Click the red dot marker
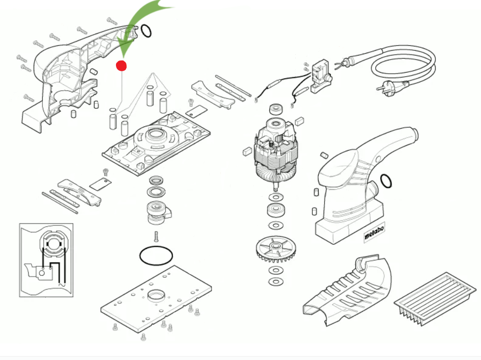121,65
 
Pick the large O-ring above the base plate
156,255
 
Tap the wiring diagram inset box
46,260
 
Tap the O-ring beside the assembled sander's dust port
385,181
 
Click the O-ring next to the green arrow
146,32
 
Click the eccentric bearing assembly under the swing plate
159,210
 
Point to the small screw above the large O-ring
156,236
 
